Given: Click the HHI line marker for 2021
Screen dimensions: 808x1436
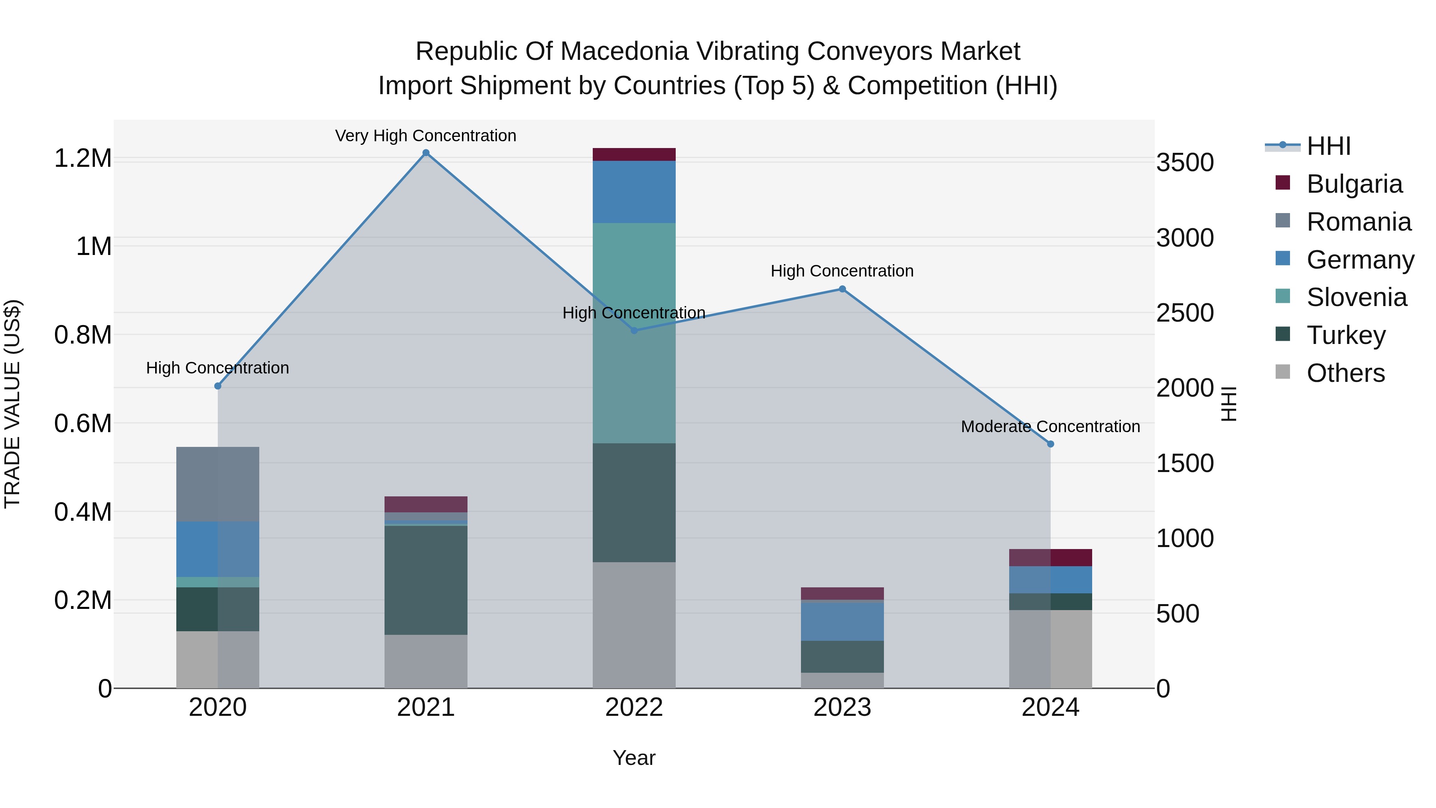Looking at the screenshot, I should point(426,153).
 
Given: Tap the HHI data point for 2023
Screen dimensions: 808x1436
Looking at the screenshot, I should point(842,289).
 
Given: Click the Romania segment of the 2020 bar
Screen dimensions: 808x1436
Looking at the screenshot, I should point(217,484).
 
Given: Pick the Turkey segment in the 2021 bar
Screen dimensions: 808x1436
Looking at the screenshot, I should point(426,580).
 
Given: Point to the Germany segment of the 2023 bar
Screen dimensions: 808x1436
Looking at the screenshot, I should point(842,622).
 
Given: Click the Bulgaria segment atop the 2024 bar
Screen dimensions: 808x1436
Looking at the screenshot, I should point(1050,558).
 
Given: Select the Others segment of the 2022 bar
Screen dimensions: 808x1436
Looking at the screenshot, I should point(634,624).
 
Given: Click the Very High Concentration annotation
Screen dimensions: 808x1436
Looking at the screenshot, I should point(426,136).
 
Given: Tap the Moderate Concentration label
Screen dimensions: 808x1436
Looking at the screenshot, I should point(1050,427).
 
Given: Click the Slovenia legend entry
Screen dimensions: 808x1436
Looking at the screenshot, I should point(1356,297).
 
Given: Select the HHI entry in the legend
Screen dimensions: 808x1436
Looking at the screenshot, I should point(1328,146).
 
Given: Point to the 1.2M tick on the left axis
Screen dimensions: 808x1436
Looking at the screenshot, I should point(83,158).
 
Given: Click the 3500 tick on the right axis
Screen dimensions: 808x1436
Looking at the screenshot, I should point(1185,163).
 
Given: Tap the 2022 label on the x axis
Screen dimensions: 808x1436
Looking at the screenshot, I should point(634,707).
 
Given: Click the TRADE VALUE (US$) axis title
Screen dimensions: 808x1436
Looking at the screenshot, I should point(12,404).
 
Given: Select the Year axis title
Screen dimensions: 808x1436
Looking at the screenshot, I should point(634,758).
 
